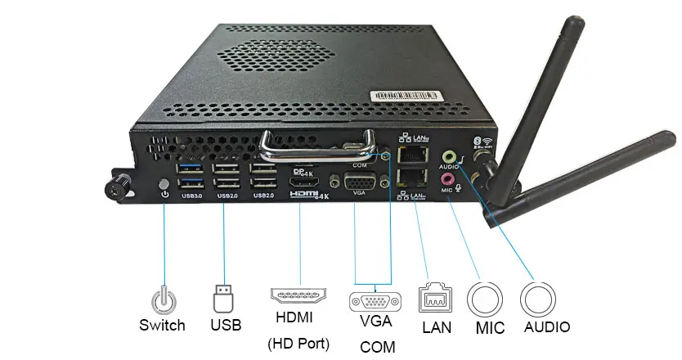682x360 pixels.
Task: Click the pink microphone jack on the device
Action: [447, 178]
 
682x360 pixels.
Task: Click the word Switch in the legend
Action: [162, 325]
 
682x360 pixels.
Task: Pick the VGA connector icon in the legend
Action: [375, 300]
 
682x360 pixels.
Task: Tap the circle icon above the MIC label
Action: [484, 299]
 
